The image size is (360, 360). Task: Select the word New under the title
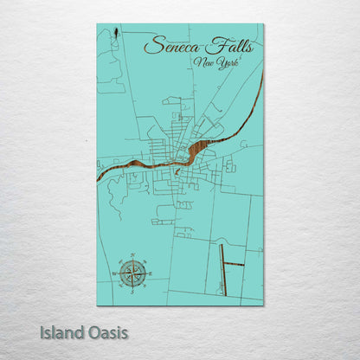click(207, 63)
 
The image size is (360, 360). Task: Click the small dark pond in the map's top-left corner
click(114, 35)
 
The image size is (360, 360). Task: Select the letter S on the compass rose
click(132, 292)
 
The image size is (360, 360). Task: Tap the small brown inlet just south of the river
click(177, 170)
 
